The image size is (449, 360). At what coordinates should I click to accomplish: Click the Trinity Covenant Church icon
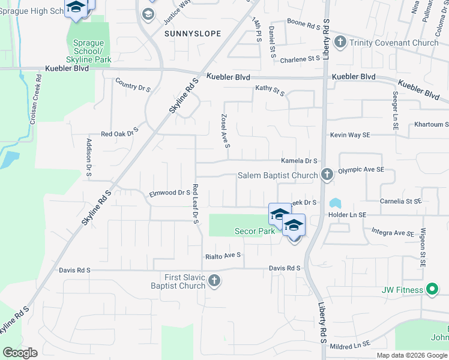340,43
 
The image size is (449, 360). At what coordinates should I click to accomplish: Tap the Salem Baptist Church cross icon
327,175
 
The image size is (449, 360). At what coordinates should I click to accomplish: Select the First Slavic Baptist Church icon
214,281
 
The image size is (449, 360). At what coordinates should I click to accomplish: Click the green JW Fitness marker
432,290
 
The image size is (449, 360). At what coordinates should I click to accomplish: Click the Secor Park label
255,231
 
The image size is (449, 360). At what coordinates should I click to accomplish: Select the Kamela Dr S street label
299,161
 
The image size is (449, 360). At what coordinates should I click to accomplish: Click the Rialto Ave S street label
223,255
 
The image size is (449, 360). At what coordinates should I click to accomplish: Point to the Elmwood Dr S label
169,193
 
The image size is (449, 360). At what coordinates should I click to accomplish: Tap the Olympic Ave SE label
361,170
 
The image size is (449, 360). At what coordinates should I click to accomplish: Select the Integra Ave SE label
393,233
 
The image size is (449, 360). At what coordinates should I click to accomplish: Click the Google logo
20,352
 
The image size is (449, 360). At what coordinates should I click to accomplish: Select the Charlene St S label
300,59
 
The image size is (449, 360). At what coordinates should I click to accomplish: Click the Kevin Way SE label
350,136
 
